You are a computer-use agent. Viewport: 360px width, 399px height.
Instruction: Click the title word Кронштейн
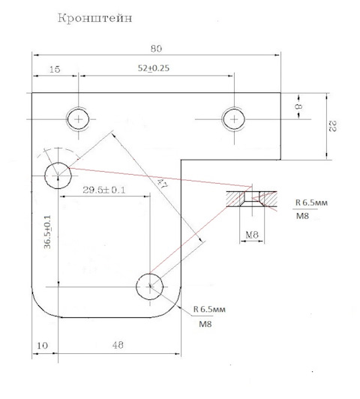tap(95, 18)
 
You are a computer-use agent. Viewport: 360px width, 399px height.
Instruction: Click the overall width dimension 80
tap(156, 49)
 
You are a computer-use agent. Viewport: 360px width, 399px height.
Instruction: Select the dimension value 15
tap(55, 69)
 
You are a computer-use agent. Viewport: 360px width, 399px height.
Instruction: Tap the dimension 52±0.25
tap(154, 68)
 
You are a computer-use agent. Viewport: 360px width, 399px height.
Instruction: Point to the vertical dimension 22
tap(333, 126)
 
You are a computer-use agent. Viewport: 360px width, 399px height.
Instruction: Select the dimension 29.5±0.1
tap(104, 190)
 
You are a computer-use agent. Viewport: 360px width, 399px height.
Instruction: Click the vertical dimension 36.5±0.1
tap(47, 232)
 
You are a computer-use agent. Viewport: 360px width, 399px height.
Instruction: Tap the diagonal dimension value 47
tap(162, 184)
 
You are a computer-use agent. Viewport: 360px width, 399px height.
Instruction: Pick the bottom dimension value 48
tap(118, 345)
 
